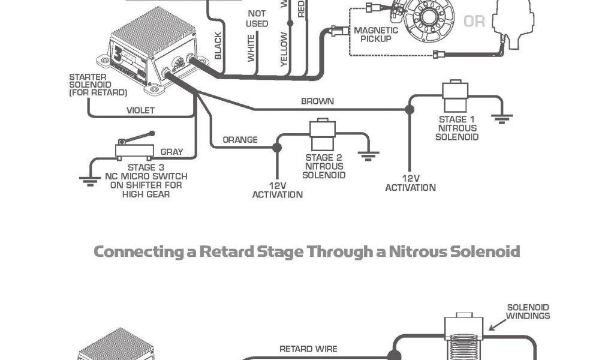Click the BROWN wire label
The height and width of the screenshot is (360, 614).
[x=317, y=101]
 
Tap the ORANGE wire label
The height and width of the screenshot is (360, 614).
[x=240, y=140]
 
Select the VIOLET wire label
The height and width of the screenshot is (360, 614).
[x=140, y=110]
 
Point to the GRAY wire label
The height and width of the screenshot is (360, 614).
[x=171, y=152]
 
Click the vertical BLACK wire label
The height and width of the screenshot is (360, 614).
[x=218, y=46]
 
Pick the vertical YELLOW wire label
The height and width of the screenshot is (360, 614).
[x=284, y=49]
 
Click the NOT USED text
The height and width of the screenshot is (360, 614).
[x=257, y=19]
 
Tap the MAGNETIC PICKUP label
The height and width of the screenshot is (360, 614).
[x=376, y=35]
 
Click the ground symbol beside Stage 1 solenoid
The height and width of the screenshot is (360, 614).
[x=502, y=117]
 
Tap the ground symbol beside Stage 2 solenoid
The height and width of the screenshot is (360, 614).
[x=368, y=155]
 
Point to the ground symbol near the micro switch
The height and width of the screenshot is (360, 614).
[x=89, y=179]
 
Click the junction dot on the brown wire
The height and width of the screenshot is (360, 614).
[x=410, y=110]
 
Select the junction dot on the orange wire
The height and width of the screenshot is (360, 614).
[x=276, y=147]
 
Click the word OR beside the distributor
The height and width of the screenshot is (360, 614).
[x=474, y=22]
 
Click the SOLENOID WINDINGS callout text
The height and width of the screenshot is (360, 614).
[x=528, y=311]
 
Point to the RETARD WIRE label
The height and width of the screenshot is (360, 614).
[x=308, y=349]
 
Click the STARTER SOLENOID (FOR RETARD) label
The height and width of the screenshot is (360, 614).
[x=98, y=85]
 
